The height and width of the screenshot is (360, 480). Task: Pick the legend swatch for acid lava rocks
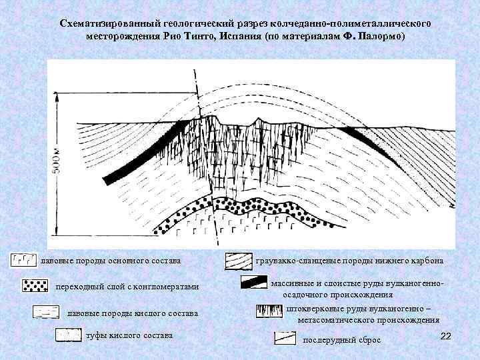[45, 313]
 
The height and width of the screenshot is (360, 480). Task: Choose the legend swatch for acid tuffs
[68, 335]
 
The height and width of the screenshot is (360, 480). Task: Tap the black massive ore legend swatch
[254, 282]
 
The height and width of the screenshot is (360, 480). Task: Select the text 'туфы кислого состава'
[129, 335]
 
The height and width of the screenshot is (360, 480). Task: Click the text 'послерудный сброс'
[342, 340]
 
